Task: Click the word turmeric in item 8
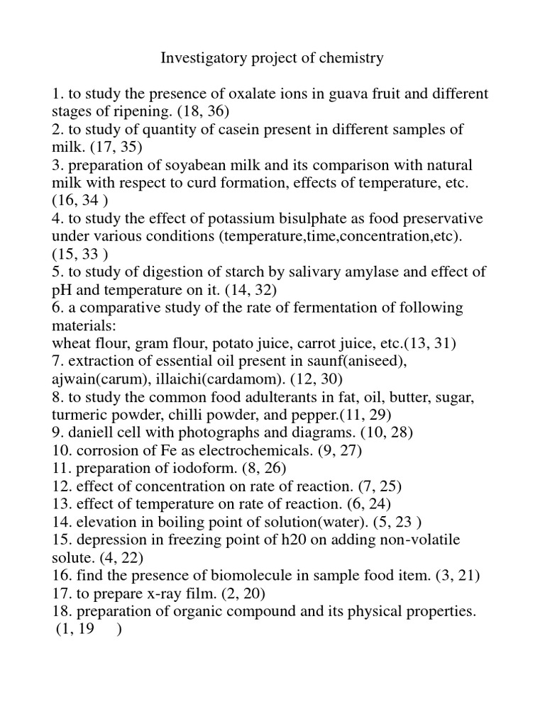pos(79,415)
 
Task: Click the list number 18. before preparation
pos(61,610)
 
